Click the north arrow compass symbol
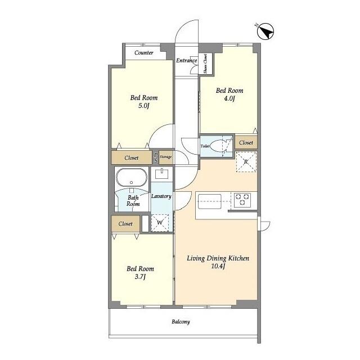(x=265, y=31)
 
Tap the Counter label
(x=144, y=53)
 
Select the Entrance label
(x=186, y=60)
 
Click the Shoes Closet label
(x=205, y=64)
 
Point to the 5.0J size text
(x=144, y=106)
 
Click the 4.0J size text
(x=229, y=99)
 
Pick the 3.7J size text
(x=140, y=277)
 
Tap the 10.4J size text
(x=218, y=266)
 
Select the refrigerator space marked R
(x=246, y=161)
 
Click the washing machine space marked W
(x=160, y=223)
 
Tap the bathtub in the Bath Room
(x=131, y=178)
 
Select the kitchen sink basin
(x=210, y=201)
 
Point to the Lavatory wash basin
(x=162, y=174)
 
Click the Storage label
(x=165, y=157)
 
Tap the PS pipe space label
(x=156, y=157)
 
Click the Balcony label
(x=181, y=322)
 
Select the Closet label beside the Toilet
(x=246, y=142)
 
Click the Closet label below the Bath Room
(x=125, y=224)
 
